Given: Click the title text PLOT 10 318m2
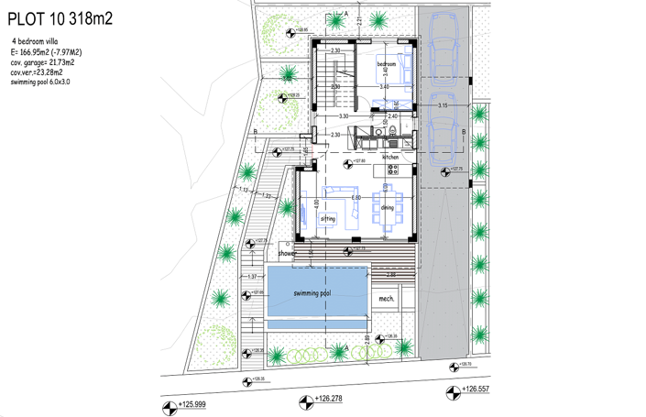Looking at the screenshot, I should [x=60, y=20].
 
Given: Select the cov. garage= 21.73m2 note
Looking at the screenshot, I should [x=41, y=62].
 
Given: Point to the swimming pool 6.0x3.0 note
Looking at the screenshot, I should [x=40, y=82].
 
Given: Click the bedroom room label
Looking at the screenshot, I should [x=386, y=64].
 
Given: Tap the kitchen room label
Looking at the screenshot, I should [x=391, y=157].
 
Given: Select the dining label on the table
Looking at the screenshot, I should [x=388, y=208].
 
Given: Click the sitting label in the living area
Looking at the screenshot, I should [x=328, y=220].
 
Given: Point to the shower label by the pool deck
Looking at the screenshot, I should [x=288, y=253].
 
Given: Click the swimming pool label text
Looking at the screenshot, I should [x=312, y=293].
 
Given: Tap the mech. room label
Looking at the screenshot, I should [x=386, y=299].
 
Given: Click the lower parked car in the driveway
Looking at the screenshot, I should [x=443, y=124].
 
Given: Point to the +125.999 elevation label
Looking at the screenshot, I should [x=192, y=404].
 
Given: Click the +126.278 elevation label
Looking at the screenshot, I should [x=328, y=400].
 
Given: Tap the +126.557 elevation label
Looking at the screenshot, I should [x=475, y=391].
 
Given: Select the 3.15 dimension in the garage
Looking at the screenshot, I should [x=443, y=106].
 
